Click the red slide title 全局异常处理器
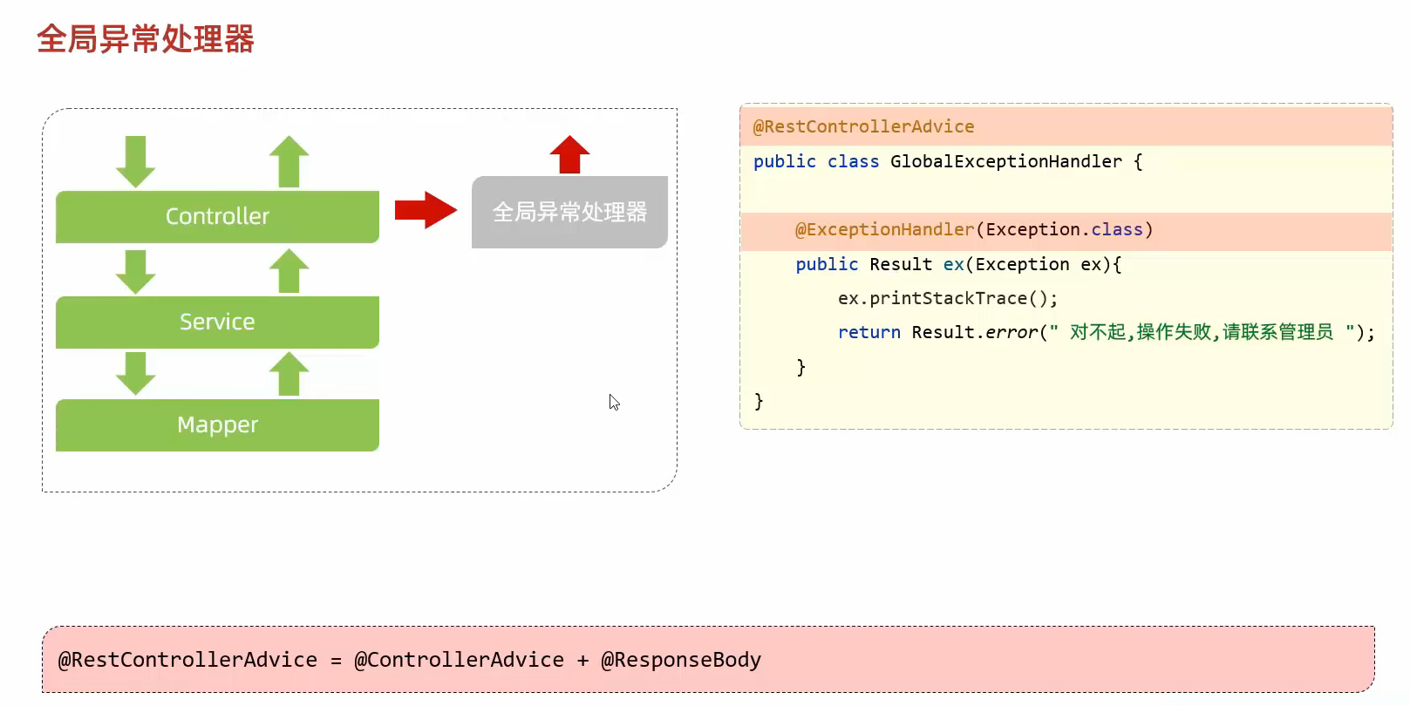click(146, 39)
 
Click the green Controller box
click(217, 216)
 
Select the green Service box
click(217, 322)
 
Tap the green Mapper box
click(217, 424)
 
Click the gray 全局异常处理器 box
click(569, 212)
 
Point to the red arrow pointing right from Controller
click(426, 210)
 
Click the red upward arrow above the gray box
click(569, 155)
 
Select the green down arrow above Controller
click(135, 161)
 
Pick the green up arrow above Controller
click(289, 161)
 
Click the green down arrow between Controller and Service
click(135, 271)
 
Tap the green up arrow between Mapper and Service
click(289, 373)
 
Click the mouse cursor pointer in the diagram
click(614, 402)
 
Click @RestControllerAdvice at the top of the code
click(863, 126)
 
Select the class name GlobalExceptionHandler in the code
click(1005, 161)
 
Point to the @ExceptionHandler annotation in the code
click(884, 229)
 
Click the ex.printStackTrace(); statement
click(947, 298)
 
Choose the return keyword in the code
click(868, 332)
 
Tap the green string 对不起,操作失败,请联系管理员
click(1201, 332)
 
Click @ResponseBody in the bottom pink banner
click(681, 660)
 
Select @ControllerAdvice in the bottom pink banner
click(459, 660)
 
